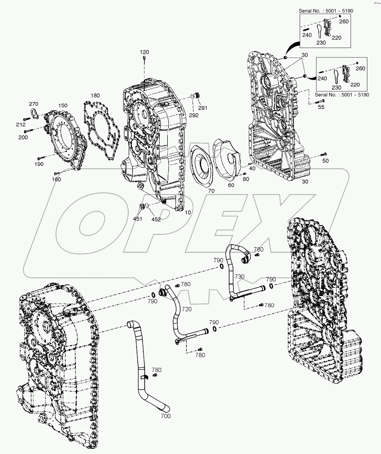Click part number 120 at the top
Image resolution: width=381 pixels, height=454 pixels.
144,52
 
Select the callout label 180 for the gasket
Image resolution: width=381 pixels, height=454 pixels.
95,96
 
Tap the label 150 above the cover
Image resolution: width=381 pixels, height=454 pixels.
63,105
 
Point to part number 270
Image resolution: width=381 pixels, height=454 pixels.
34,104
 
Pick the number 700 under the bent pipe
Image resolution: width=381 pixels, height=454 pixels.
165,424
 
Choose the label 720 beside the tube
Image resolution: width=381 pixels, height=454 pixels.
187,309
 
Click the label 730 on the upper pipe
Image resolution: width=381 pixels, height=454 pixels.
239,277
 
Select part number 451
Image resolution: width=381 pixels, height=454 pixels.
137,219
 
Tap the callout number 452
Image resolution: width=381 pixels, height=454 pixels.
156,219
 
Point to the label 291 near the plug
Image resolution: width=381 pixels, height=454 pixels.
203,108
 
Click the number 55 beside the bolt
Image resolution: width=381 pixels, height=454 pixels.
321,107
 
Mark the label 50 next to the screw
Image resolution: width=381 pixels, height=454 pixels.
325,161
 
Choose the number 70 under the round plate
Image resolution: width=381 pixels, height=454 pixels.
211,191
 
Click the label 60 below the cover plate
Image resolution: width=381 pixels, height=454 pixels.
231,185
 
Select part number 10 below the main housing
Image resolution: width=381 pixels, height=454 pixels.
188,213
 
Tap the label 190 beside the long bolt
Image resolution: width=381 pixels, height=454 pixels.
39,164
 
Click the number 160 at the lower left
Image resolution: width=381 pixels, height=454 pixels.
56,180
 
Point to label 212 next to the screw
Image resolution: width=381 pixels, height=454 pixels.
21,125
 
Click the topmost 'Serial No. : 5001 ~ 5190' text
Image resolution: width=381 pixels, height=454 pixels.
326,11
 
